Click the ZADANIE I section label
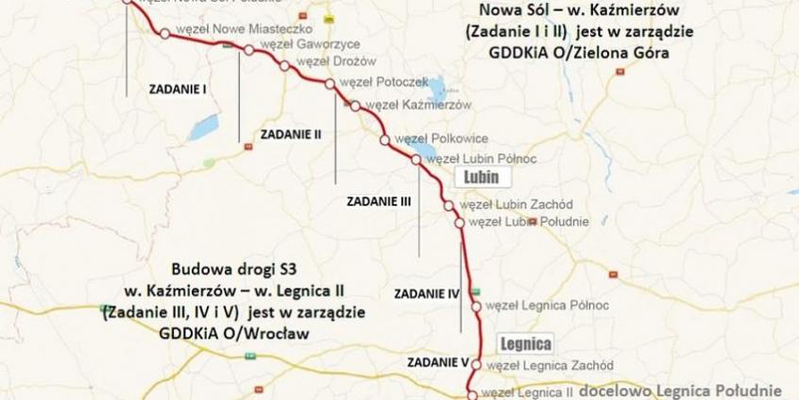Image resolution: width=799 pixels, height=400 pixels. coord(178,89)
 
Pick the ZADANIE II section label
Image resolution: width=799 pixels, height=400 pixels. coord(291,134)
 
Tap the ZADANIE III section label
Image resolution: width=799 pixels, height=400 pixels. coord(379,200)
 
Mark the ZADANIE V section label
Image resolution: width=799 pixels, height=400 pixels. coord(438,361)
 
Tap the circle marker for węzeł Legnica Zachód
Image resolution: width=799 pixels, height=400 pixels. coord(477,364)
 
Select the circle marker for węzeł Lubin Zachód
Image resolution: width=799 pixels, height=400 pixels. coord(449,205)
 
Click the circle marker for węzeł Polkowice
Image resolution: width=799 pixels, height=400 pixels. coord(385,140)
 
